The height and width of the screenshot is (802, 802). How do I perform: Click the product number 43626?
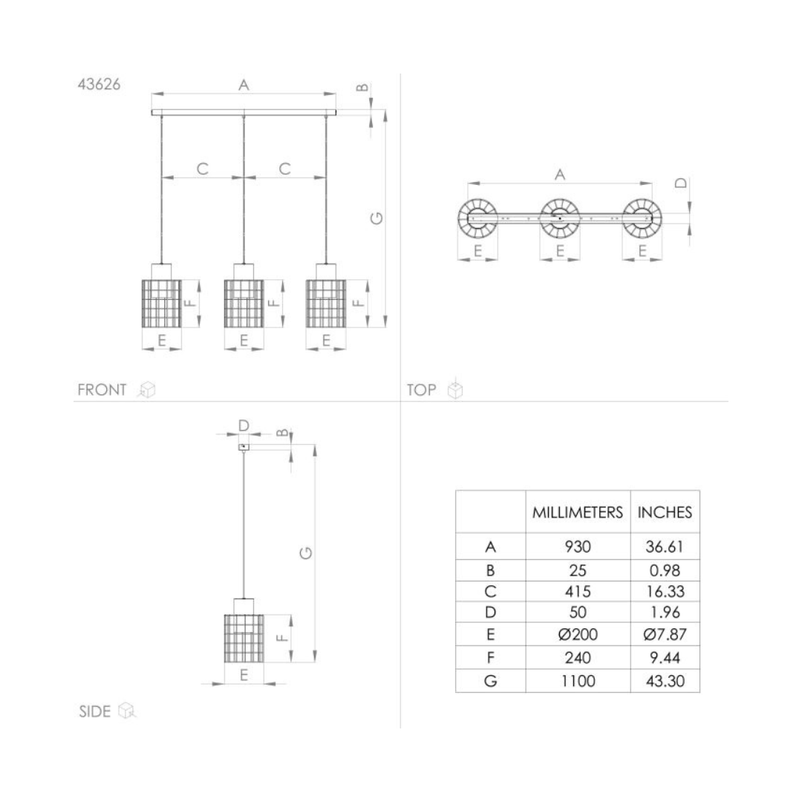(x=100, y=85)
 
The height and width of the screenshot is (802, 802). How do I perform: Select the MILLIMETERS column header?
(x=578, y=512)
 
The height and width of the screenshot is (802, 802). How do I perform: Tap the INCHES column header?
(x=665, y=512)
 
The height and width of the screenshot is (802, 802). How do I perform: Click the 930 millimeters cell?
(x=578, y=547)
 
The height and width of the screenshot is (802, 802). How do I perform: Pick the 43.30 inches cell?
(x=665, y=681)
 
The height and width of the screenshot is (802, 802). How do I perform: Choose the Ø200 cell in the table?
(x=578, y=635)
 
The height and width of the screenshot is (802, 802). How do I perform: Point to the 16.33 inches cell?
(x=665, y=592)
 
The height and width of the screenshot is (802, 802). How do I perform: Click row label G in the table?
(x=490, y=681)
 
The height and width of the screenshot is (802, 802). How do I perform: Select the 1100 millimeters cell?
(x=578, y=681)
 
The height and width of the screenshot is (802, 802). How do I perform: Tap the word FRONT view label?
(x=102, y=391)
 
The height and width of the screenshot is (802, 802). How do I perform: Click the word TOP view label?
(x=422, y=391)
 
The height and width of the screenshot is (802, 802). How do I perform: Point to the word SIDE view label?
(x=94, y=711)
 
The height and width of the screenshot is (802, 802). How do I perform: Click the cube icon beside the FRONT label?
(x=147, y=390)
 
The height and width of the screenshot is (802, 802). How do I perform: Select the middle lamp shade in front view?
(x=244, y=303)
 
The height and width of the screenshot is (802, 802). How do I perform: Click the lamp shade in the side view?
(x=244, y=639)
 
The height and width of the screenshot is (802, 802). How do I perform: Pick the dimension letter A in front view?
(x=244, y=85)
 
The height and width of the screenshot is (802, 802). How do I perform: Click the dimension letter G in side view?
(x=305, y=553)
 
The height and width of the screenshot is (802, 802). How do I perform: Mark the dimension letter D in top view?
(x=681, y=183)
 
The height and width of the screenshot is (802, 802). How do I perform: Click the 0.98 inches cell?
(x=665, y=571)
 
